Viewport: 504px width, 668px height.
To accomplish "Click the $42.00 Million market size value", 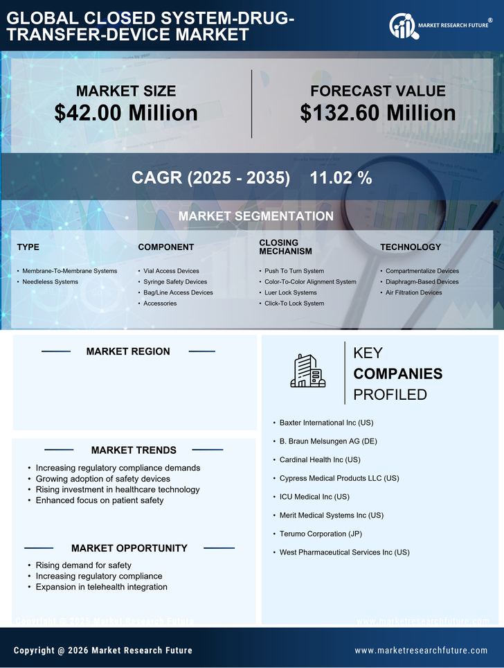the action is (x=126, y=113).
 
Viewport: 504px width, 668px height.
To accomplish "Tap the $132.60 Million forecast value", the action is (x=377, y=113).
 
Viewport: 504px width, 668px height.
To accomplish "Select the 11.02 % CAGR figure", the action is (x=341, y=178).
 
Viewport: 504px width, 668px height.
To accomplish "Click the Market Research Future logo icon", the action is (x=402, y=26).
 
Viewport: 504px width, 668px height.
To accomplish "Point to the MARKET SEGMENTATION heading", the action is (x=255, y=216).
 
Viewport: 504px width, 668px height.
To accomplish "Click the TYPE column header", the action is (x=28, y=247).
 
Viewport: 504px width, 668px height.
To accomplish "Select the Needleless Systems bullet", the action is (x=50, y=282).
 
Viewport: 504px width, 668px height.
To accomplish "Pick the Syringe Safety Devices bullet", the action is (x=175, y=282).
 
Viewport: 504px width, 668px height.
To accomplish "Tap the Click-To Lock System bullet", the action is (x=294, y=304).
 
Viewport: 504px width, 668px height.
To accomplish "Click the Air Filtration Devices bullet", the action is (x=413, y=292).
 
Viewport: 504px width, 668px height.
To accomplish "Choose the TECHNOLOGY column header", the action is (x=410, y=247).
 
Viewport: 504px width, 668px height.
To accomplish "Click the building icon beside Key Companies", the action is (x=307, y=371).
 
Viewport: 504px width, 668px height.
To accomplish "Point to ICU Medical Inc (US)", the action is (x=314, y=497).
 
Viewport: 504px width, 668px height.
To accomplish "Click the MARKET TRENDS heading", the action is (x=134, y=450).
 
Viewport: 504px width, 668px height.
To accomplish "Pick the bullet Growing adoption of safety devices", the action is (x=102, y=479).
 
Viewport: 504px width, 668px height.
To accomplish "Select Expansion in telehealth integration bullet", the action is (x=101, y=587).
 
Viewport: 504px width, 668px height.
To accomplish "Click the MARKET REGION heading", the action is (x=128, y=351).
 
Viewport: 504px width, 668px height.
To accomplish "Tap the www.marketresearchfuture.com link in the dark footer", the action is (x=421, y=651).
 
